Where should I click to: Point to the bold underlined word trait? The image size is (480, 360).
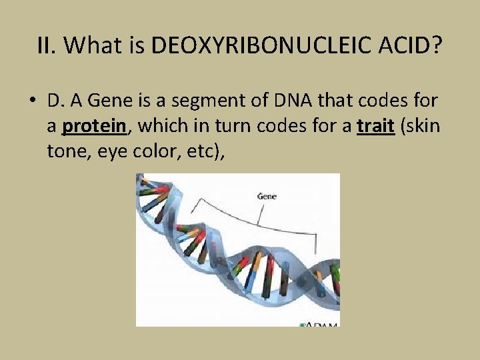click(x=377, y=126)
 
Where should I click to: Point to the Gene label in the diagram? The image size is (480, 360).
click(x=267, y=196)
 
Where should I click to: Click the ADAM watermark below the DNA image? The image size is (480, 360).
click(x=320, y=324)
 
